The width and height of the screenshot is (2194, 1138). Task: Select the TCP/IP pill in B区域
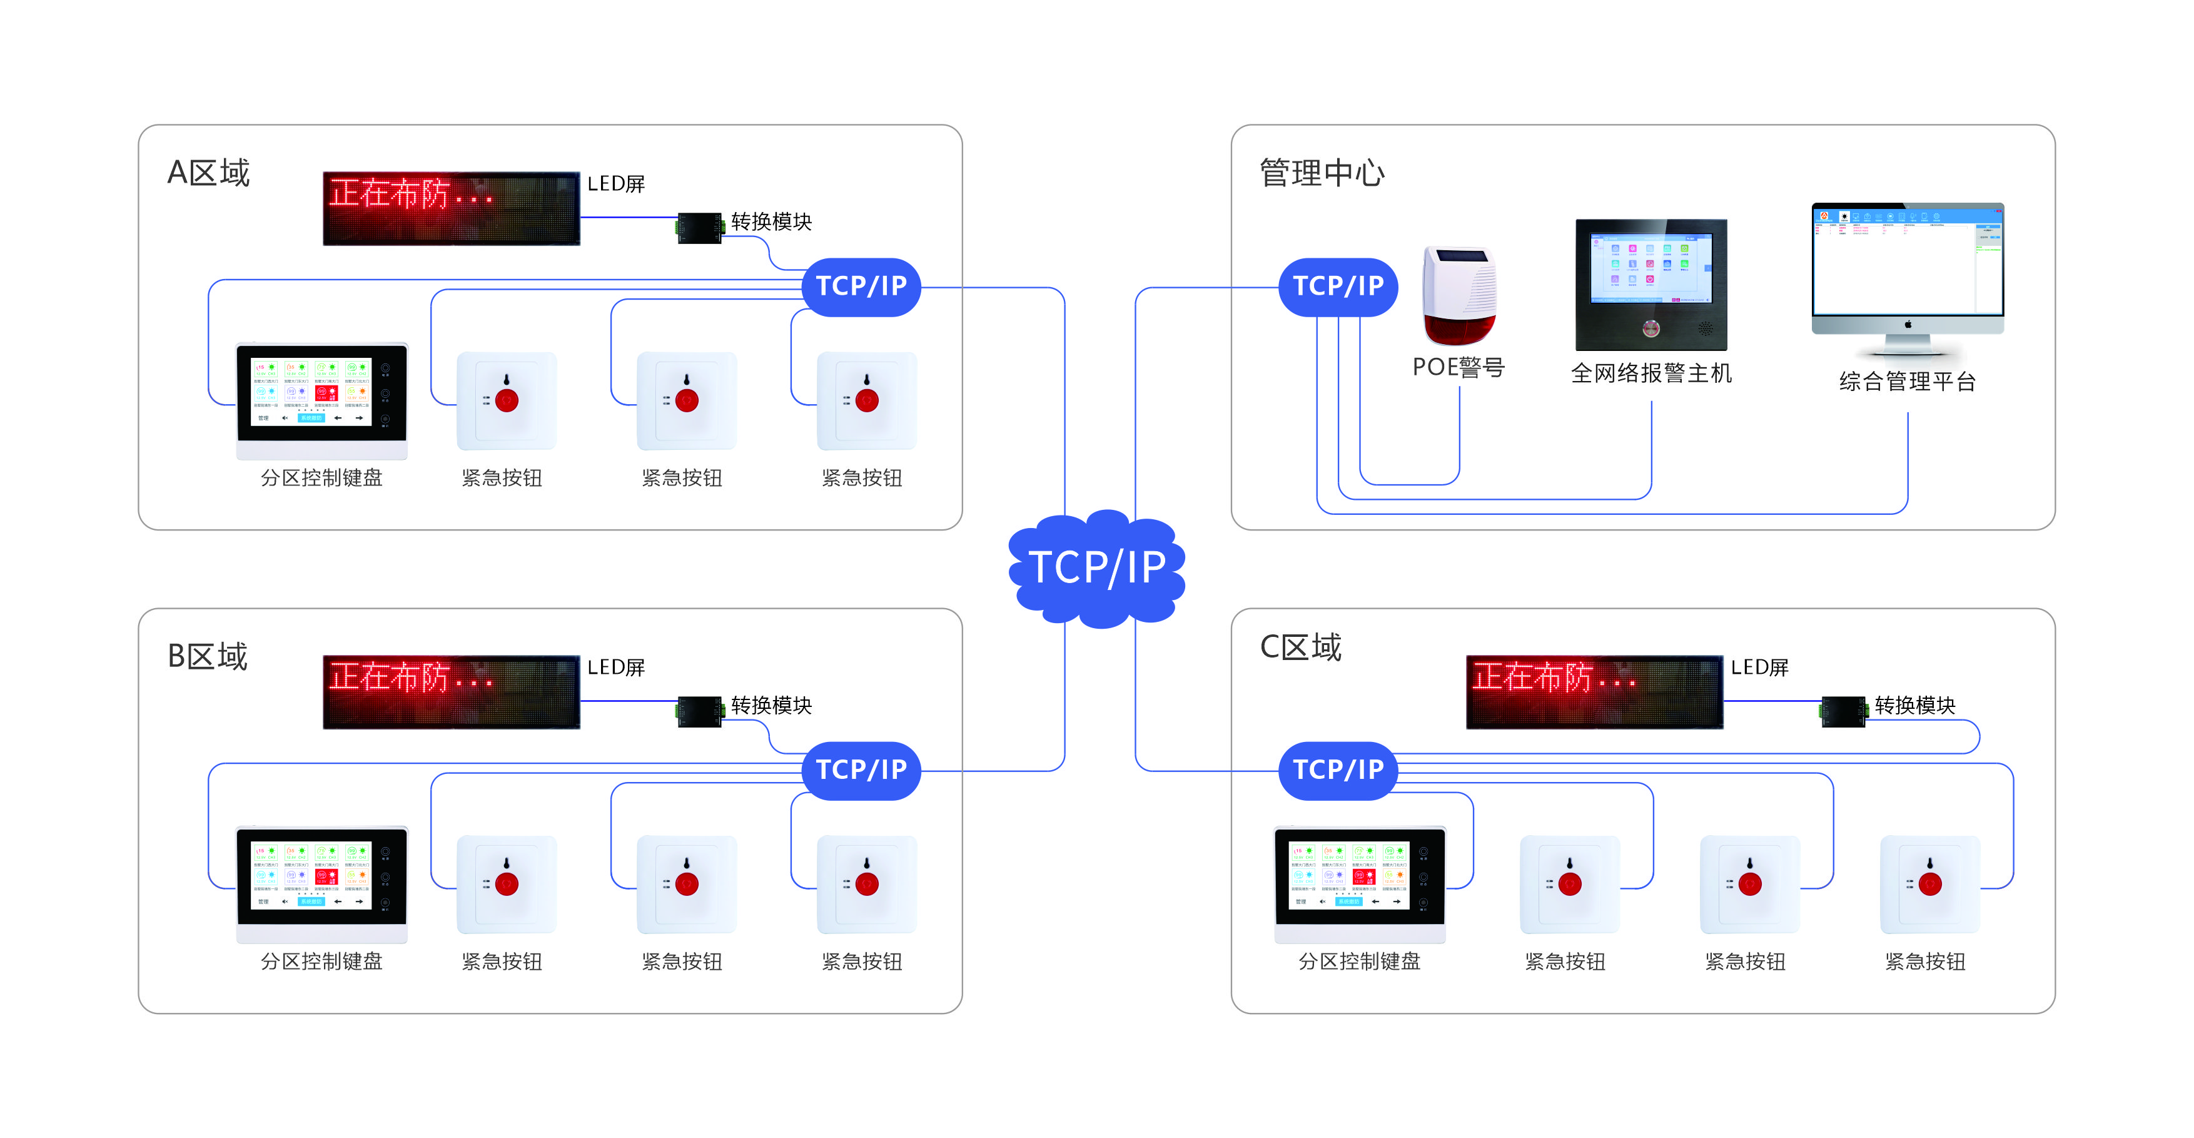pyautogui.click(x=861, y=770)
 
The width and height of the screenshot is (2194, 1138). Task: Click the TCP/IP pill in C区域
pyautogui.click(x=1338, y=770)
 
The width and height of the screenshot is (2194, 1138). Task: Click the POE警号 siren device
pyautogui.click(x=1459, y=295)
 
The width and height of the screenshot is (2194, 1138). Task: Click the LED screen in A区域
pyautogui.click(x=452, y=209)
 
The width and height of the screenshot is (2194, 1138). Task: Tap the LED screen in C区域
pyautogui.click(x=1594, y=692)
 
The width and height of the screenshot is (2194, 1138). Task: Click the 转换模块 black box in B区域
pyautogui.click(x=700, y=712)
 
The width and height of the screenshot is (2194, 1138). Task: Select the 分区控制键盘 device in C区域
pyautogui.click(x=1359, y=883)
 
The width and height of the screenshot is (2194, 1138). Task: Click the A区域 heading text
pyautogui.click(x=209, y=173)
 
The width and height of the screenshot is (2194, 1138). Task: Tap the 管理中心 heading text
pyautogui.click(x=1322, y=173)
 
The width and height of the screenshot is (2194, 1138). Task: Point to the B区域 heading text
pyautogui.click(x=208, y=657)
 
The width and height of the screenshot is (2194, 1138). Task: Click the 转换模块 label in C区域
pyautogui.click(x=1914, y=705)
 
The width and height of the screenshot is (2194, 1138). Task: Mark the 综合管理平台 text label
pyautogui.click(x=1907, y=382)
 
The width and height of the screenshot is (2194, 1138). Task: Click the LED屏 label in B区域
pyautogui.click(x=616, y=667)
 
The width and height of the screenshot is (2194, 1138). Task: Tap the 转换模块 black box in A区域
pyautogui.click(x=700, y=228)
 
